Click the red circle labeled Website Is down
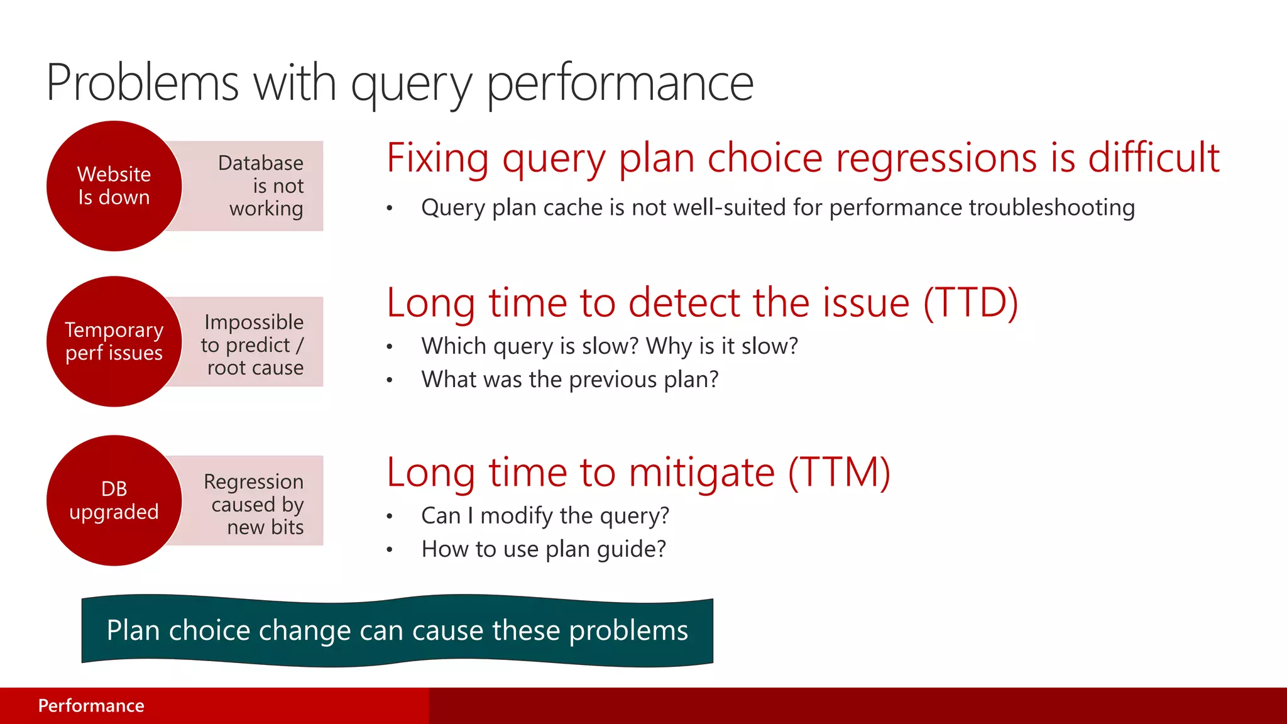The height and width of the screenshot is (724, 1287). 114,186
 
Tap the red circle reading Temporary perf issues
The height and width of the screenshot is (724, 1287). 114,341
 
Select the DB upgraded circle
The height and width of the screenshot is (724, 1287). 114,500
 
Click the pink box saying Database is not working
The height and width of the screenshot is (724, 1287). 260,186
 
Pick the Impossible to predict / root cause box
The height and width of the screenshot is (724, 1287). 253,344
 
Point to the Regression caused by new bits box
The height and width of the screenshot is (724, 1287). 255,504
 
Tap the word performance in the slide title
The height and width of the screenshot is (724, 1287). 620,84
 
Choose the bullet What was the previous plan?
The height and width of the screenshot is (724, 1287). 569,380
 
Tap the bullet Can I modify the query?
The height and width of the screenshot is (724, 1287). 544,516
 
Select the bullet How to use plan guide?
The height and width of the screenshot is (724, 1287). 543,549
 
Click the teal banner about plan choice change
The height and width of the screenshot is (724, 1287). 397,630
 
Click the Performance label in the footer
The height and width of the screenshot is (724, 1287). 91,706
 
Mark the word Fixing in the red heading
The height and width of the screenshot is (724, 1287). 437,158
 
